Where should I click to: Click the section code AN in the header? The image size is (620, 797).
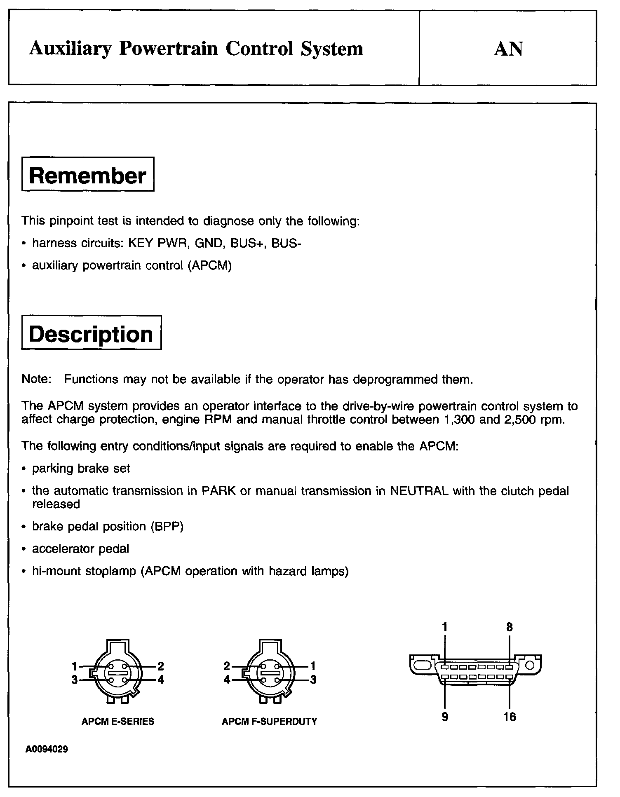click(508, 49)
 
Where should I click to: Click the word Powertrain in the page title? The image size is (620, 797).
click(168, 49)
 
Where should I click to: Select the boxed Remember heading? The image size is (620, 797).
click(88, 175)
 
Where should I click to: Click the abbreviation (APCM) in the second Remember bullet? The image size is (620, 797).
click(210, 266)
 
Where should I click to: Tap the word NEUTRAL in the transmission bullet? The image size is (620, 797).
click(419, 491)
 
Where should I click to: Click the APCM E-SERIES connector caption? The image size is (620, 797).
click(118, 722)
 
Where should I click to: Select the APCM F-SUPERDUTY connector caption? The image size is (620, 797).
click(269, 722)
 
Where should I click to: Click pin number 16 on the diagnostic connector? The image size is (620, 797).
click(510, 717)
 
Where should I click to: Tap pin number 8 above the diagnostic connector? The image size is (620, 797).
click(510, 627)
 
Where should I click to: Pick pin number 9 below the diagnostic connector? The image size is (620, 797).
click(445, 717)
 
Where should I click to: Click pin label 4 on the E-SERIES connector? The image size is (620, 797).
click(161, 680)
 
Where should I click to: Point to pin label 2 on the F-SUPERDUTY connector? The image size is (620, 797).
click(227, 666)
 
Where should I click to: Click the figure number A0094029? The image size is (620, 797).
click(47, 749)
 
